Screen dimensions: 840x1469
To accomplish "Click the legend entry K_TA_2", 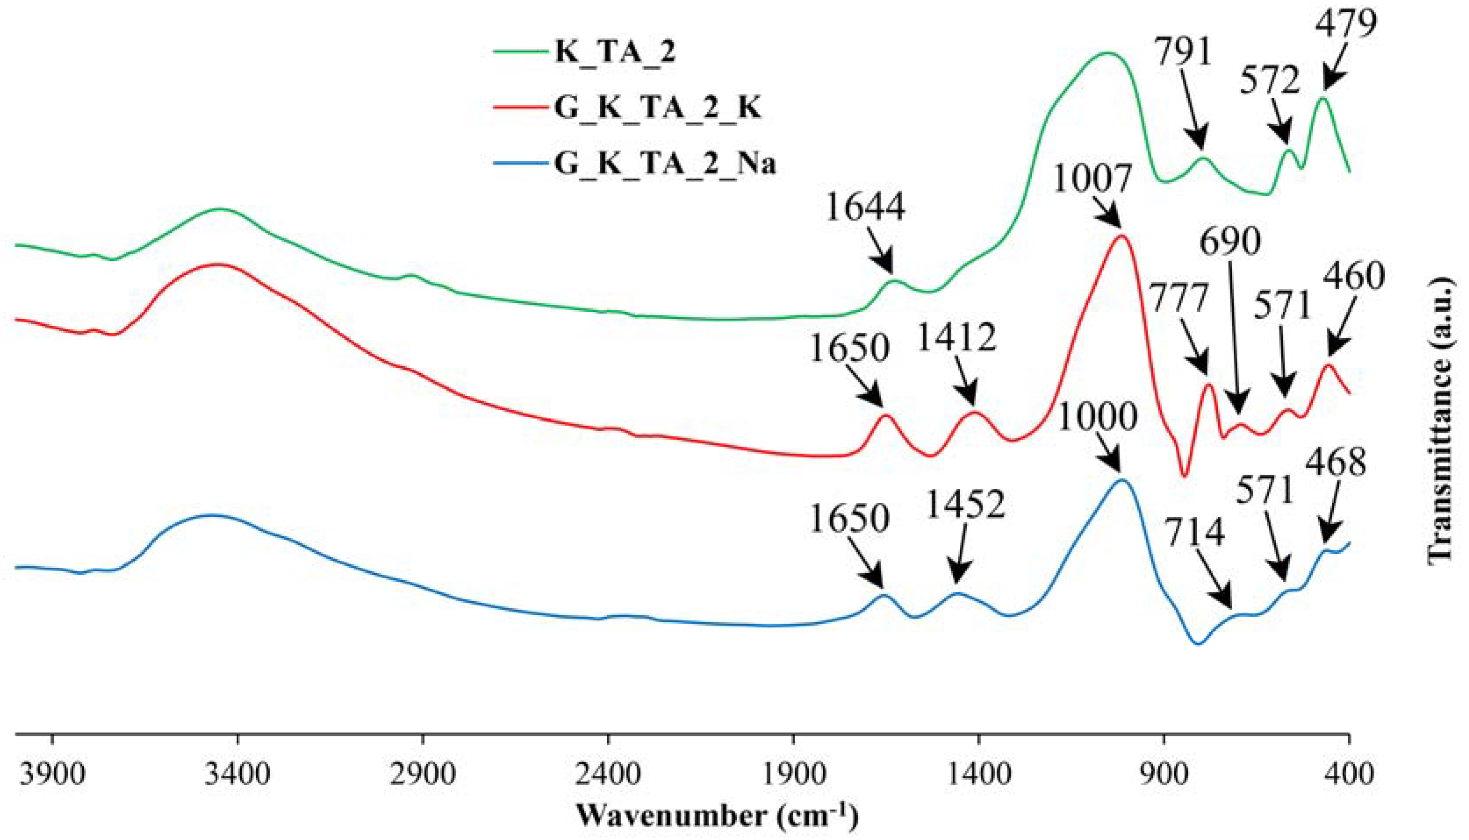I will [x=615, y=51].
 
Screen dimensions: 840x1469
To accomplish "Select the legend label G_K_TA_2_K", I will [x=658, y=108].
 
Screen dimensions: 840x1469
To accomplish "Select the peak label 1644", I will [x=865, y=207].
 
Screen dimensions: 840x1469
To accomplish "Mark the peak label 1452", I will [x=965, y=505].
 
